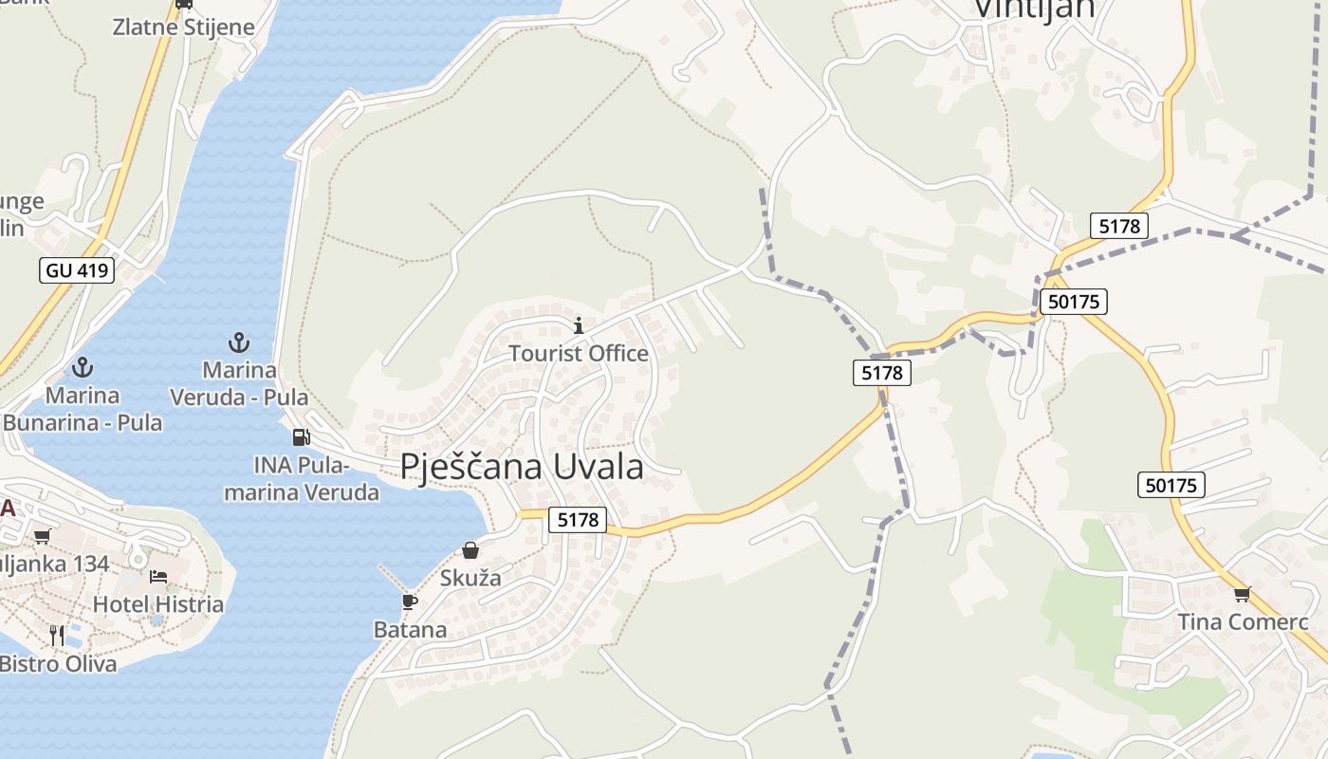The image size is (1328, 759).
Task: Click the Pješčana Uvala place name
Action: click(522, 467)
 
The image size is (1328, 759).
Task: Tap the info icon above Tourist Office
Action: click(579, 326)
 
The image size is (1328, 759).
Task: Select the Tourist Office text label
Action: click(579, 354)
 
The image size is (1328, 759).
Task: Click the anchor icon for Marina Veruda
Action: click(239, 342)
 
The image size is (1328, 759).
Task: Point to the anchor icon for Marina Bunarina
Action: click(83, 366)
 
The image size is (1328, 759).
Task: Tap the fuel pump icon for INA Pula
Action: click(301, 437)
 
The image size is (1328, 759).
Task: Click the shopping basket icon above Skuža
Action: click(470, 550)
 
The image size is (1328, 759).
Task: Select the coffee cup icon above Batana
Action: click(410, 602)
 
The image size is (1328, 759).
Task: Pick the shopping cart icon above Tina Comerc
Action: click(1242, 595)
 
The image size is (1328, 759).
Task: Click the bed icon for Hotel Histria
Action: click(158, 577)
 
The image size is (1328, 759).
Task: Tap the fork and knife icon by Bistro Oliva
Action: click(57, 635)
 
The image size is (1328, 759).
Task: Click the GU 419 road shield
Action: click(78, 270)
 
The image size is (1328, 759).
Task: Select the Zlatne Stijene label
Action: click(184, 27)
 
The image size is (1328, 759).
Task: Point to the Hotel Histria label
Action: click(158, 604)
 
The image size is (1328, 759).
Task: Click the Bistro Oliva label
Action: click(59, 664)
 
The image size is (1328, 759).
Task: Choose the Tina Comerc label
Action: click(1243, 622)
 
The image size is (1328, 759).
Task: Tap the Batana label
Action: click(410, 630)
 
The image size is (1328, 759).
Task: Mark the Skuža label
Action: click(470, 578)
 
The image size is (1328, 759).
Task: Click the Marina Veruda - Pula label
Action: click(239, 384)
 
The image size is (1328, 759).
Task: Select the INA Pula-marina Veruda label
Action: click(302, 479)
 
